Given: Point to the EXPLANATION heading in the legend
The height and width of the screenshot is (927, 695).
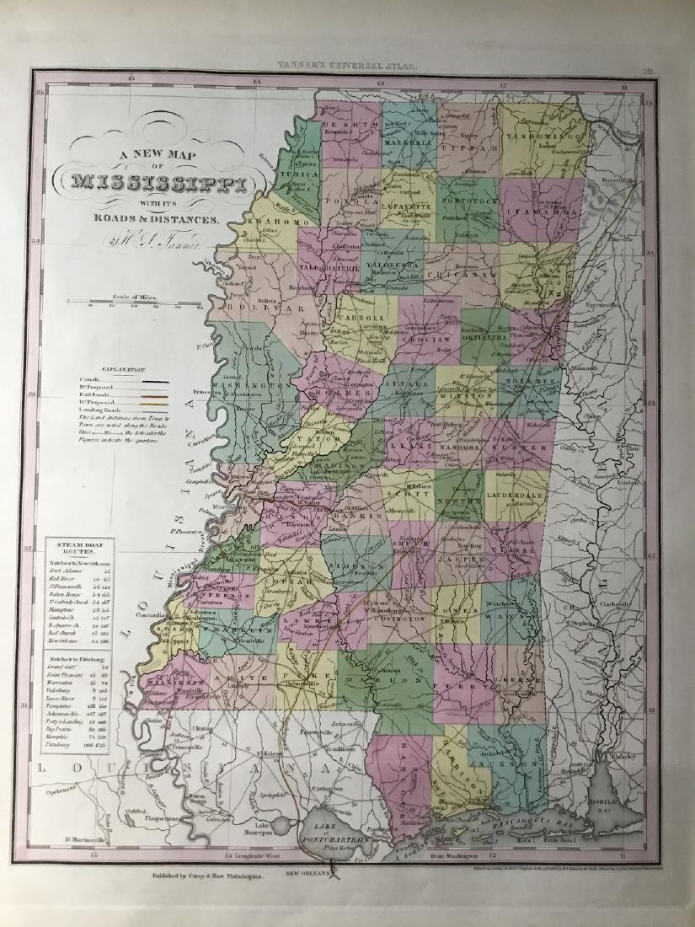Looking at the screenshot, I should [123, 370].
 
